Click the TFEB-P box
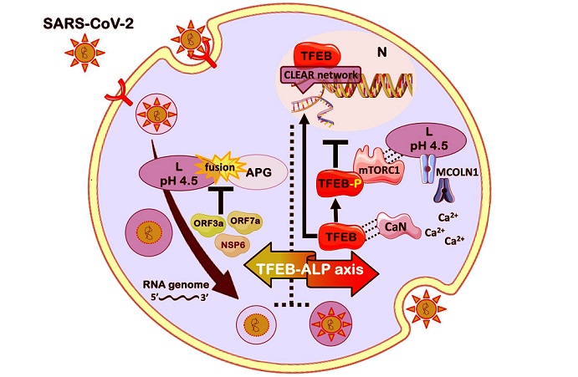(x=338, y=181)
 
